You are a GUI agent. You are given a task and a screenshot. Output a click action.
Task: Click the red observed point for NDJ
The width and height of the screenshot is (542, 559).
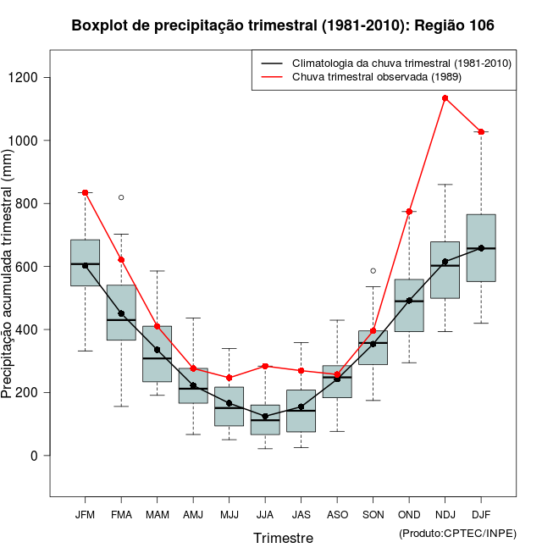click(x=445, y=98)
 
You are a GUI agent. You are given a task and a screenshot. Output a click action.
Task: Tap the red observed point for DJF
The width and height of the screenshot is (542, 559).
click(x=481, y=132)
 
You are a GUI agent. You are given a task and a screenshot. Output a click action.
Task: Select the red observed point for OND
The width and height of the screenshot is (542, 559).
click(x=409, y=212)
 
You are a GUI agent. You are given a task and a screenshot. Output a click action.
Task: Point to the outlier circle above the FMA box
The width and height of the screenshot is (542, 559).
click(x=121, y=197)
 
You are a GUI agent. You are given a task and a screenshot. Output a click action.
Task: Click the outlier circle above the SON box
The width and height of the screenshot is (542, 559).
click(x=373, y=271)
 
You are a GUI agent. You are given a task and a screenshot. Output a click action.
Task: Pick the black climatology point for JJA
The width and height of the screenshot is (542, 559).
click(x=265, y=417)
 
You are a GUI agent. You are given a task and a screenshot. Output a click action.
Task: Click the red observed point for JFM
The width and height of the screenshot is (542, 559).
click(x=86, y=193)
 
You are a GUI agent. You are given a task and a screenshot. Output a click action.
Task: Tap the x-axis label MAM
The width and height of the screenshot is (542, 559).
click(x=158, y=514)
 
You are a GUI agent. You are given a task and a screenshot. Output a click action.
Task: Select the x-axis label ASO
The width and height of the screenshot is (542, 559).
click(x=337, y=514)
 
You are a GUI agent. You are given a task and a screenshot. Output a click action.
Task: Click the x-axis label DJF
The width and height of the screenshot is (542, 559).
click(x=481, y=514)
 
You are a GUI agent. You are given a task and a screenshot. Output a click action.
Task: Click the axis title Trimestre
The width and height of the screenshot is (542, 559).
click(x=283, y=538)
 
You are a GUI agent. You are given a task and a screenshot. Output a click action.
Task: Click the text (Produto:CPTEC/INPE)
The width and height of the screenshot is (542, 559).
click(x=457, y=533)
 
